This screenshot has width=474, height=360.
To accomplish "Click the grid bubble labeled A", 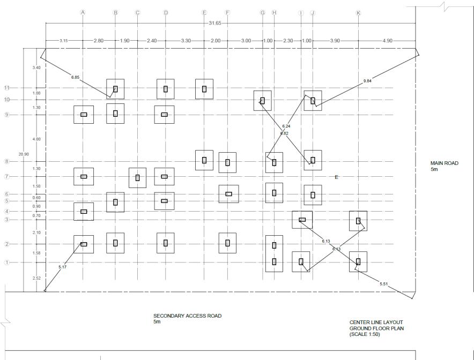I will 83,12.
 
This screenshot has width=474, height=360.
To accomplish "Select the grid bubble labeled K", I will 358,12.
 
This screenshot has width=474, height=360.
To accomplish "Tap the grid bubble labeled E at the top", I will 204,12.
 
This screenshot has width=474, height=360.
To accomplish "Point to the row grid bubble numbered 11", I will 7,88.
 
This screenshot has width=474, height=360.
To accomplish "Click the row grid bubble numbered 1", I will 7,262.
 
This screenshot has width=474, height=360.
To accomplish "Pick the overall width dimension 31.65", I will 213,24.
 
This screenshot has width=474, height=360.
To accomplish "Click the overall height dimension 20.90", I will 24,154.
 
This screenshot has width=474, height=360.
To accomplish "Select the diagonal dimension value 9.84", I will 367,81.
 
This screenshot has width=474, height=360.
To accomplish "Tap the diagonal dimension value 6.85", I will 75,78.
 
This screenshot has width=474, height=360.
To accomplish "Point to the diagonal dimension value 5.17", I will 63,267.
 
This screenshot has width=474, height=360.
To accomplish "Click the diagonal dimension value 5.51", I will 383,283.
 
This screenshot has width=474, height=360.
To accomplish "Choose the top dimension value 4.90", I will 387,41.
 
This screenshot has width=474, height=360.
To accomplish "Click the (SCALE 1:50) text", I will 365,334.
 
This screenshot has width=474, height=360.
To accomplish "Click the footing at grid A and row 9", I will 84,115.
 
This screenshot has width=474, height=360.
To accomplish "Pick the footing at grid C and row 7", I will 138,177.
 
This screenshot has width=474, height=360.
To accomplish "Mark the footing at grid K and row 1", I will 358,261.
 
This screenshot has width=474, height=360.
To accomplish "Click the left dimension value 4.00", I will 36,139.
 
